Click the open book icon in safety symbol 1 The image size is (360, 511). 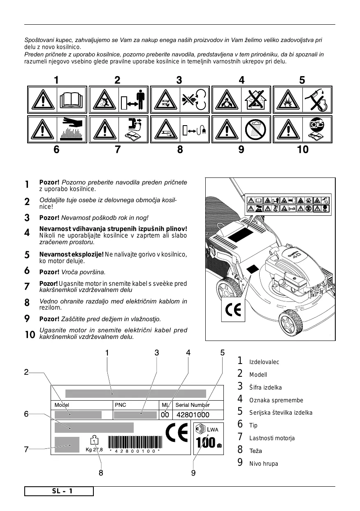pos(71,100)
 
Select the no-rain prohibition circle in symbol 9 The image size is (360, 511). pos(255,129)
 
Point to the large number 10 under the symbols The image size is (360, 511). pos(303,150)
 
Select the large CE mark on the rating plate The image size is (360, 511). pos(177,433)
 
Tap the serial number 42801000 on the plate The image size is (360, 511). pos(193,415)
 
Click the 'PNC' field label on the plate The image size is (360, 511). pos(121,405)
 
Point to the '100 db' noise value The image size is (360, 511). pos(208,443)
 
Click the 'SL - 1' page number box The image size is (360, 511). pos(59,491)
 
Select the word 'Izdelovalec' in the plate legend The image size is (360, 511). pos(264,362)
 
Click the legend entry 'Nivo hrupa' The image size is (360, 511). pos(264,464)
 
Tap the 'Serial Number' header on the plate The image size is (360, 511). pos(193,405)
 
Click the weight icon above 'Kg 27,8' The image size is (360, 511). pos(95,440)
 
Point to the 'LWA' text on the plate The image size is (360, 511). pos(213,429)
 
